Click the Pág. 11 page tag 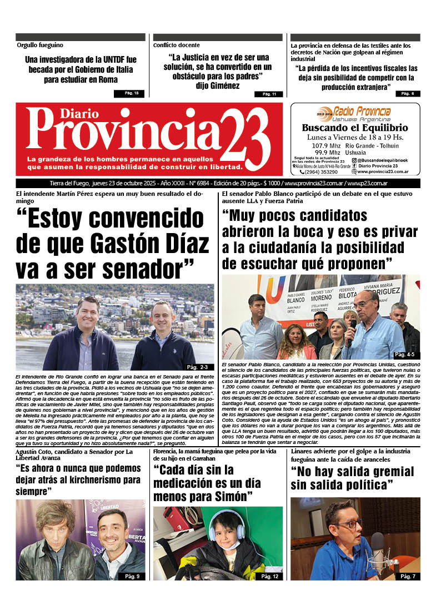(269, 94)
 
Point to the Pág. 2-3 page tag (197, 367)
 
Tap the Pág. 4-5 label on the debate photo (404, 354)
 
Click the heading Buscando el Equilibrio (355, 128)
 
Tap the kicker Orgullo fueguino (40, 45)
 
